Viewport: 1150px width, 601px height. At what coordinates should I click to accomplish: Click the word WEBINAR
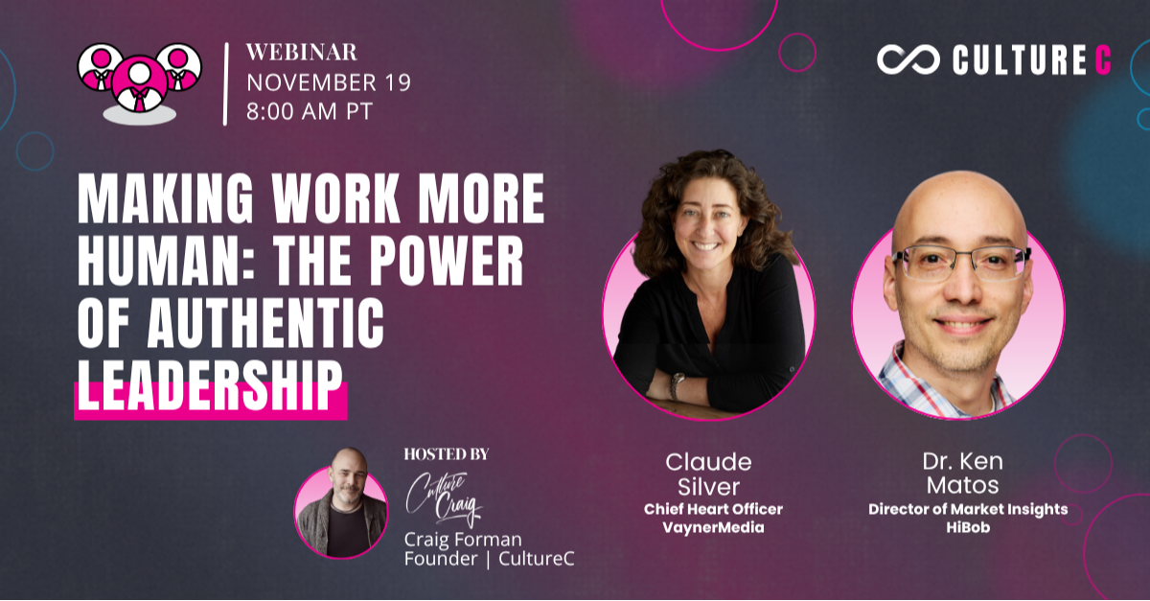(x=302, y=52)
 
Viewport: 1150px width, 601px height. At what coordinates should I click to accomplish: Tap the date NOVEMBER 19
(x=329, y=82)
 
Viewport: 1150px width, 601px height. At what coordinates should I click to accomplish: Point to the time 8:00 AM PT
(x=309, y=110)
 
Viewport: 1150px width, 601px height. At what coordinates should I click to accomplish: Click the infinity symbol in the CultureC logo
(x=908, y=60)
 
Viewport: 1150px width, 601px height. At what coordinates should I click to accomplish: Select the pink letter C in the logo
(x=1103, y=60)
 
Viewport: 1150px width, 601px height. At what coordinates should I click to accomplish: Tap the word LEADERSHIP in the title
(x=210, y=385)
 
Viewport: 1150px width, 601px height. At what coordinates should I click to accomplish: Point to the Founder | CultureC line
(x=489, y=559)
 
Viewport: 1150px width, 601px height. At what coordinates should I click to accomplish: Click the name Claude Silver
(x=708, y=474)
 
